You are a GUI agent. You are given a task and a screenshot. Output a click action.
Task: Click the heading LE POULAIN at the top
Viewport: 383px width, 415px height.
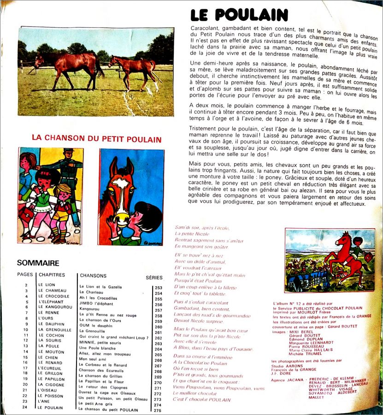tap(239, 16)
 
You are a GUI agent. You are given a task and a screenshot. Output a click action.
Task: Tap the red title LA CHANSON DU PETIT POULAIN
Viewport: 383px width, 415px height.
tap(96, 139)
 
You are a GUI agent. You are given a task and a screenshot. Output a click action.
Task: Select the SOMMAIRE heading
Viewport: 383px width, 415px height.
tap(38, 263)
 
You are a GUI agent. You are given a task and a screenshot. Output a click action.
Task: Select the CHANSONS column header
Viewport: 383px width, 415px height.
tap(93, 276)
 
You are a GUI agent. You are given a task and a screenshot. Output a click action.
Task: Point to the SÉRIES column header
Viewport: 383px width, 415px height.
tap(154, 278)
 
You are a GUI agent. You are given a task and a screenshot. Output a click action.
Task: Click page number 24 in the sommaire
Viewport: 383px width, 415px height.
tap(26, 407)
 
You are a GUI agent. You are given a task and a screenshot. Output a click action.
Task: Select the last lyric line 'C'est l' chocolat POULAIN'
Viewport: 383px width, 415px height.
tap(202, 399)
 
